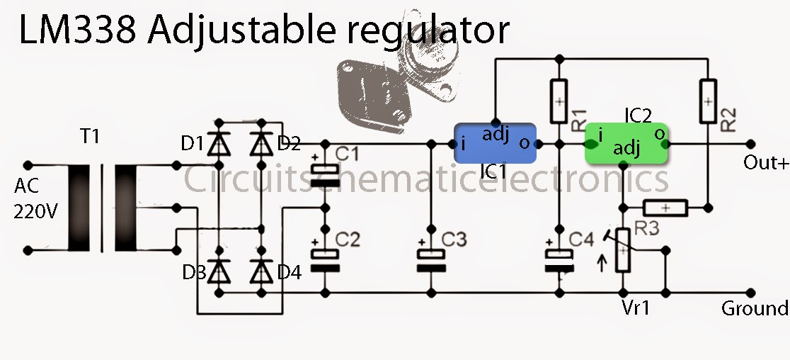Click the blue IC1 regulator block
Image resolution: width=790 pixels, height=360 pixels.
[495, 143]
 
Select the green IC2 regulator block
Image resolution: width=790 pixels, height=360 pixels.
[626, 143]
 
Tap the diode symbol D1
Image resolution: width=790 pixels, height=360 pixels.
[219, 145]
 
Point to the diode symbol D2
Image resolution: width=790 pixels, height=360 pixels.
[261, 145]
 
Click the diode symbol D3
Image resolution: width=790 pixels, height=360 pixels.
[219, 272]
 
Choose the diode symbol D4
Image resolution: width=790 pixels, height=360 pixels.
[261, 272]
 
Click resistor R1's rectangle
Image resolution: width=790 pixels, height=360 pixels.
[559, 101]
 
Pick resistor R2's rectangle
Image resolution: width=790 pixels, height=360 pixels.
[709, 101]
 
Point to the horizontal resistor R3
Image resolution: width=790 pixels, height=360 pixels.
[665, 207]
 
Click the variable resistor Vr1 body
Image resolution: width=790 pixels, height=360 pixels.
[623, 251]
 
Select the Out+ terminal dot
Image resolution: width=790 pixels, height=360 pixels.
[750, 144]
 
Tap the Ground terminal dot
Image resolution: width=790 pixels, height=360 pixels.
[750, 293]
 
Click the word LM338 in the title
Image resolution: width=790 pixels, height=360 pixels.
[77, 29]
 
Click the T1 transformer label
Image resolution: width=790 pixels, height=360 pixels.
[91, 136]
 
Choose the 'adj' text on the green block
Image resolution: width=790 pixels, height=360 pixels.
[626, 149]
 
